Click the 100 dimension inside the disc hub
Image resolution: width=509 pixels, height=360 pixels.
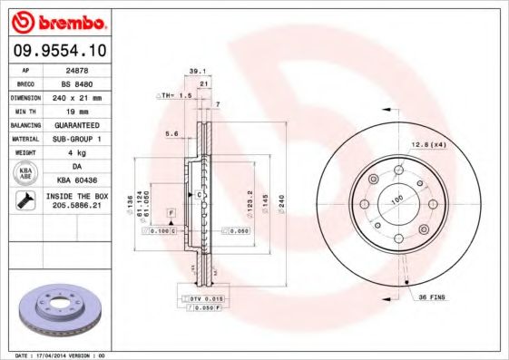[396, 198]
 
